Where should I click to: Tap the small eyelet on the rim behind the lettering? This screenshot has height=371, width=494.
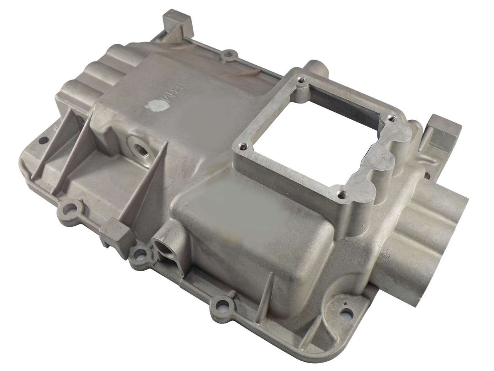tap(231, 54)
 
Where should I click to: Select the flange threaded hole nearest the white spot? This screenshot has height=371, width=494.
tap(243, 146)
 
